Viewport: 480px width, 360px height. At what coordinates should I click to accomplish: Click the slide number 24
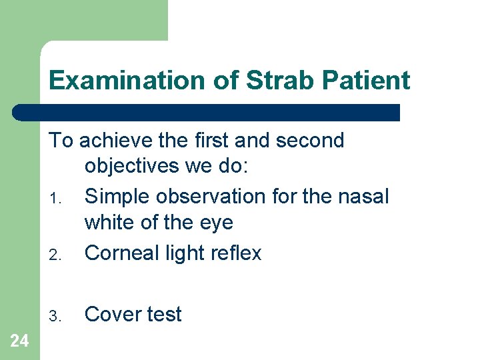click(x=19, y=341)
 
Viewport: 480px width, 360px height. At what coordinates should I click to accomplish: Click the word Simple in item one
click(x=116, y=197)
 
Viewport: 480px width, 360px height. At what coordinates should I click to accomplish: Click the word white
click(x=109, y=222)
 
